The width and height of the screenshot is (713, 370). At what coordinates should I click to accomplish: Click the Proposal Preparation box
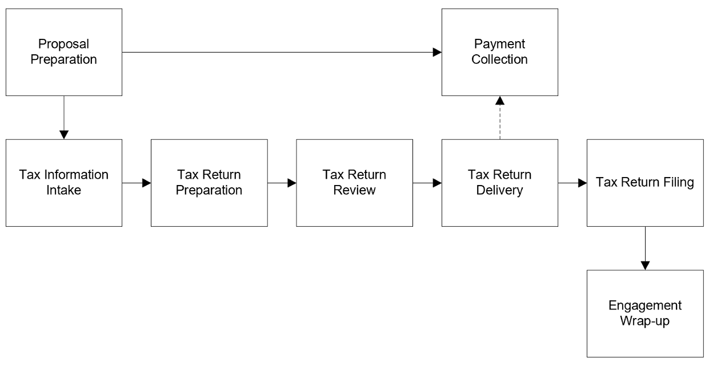point(64,52)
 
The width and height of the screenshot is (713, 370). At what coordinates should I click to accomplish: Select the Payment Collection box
point(500,52)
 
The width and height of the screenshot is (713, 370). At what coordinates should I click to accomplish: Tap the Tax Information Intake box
point(64,183)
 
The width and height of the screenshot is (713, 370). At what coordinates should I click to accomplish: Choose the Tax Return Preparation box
point(209,183)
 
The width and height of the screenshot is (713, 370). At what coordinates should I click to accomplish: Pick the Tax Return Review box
point(355,183)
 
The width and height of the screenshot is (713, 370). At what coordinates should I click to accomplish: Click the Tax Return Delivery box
point(500,183)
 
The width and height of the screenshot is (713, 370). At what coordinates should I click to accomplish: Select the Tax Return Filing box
point(646,183)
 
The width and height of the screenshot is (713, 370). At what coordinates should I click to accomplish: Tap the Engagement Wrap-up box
point(646,313)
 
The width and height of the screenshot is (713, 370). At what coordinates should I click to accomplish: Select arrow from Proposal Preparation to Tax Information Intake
point(64,117)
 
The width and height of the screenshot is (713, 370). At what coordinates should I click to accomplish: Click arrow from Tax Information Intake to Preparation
point(137,183)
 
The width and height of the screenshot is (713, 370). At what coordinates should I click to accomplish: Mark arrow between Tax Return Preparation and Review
point(282,183)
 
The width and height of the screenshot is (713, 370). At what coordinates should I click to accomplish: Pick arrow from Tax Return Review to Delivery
point(427,183)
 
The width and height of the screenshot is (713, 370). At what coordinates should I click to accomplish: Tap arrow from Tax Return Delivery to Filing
point(573,183)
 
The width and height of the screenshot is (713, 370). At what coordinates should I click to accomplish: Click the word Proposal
point(64,45)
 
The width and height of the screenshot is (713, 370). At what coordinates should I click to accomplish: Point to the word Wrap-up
point(646,321)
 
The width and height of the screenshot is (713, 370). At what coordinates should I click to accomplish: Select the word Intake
point(64,190)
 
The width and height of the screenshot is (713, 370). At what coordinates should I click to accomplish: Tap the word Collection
point(500,59)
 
